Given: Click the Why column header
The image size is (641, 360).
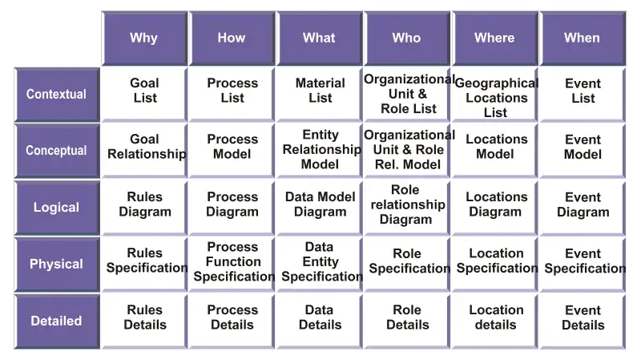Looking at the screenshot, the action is point(144,38).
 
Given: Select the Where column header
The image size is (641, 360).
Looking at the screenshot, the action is point(494,38).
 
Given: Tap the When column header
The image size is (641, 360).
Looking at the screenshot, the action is point(583,38).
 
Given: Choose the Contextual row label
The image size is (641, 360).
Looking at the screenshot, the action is point(57,95).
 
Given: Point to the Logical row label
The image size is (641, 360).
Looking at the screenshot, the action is point(57,208).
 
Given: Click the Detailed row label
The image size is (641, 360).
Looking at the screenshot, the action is point(57,322).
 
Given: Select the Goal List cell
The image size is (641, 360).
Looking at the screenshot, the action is point(144,95).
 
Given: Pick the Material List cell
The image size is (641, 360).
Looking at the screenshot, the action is point(320,95).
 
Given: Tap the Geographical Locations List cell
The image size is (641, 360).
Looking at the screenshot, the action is point(494,95).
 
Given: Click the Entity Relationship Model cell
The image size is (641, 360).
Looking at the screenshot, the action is point(320,151).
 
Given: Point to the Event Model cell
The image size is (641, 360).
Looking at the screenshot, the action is point(583,151).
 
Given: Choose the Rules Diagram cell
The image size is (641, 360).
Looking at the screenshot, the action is point(144,208).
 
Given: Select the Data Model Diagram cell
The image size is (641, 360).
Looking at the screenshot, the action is point(320,208).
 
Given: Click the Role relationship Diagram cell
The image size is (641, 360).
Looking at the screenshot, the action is point(407,208).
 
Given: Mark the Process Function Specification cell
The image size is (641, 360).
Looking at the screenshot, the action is point(232,264).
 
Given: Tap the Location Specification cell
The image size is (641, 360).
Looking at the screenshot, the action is point(494,264).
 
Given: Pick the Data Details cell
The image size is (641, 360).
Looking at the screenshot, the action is point(320,322).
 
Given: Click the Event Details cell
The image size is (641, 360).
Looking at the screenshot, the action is point(583,322).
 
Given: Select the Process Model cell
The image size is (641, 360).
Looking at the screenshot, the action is point(232,151).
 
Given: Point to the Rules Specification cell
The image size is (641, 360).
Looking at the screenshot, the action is point(144,264).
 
